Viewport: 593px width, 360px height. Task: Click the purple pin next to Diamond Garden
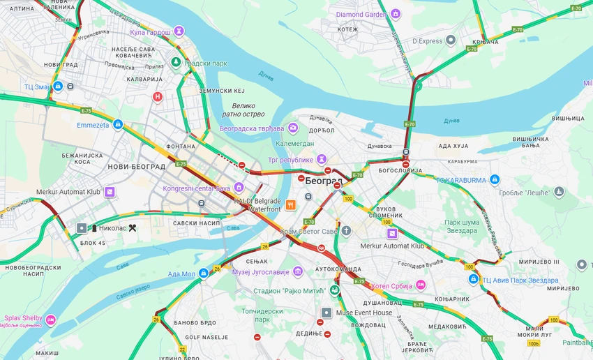tap(396, 14)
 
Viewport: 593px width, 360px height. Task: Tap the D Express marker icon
tap(451, 41)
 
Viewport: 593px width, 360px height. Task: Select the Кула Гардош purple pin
tap(179, 31)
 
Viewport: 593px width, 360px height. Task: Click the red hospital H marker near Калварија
tap(158, 97)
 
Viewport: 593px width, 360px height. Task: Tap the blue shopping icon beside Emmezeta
tap(118, 125)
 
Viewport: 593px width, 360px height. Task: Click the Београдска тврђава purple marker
tap(293, 128)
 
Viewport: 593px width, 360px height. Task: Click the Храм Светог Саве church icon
tap(346, 230)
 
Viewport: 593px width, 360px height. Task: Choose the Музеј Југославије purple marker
tap(298, 271)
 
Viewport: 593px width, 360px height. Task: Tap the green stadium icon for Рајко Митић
tap(336, 290)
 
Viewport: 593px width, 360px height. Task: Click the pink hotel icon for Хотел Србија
tap(421, 285)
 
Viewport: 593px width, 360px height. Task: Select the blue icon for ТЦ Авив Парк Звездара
tap(473, 280)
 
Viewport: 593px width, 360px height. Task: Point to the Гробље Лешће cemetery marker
tap(559, 192)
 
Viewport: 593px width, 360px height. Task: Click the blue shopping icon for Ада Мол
tap(203, 273)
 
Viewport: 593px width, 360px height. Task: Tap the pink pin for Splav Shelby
tap(51, 319)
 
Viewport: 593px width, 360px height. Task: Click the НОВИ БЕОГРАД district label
tap(137, 167)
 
